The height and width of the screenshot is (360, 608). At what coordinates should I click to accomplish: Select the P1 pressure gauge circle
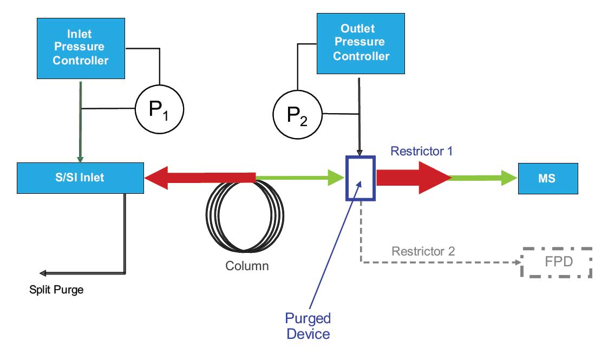coord(159,108)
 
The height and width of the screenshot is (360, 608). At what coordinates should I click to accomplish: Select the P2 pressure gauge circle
coord(297,114)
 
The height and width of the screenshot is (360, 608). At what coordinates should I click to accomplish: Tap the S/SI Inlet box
coord(81,177)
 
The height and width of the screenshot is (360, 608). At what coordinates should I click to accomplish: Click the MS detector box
coord(547,177)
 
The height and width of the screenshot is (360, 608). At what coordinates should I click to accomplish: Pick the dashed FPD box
coord(557,263)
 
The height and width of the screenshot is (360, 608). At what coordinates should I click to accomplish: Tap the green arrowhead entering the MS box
coord(509,178)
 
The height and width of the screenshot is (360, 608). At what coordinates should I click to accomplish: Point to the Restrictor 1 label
coord(421,151)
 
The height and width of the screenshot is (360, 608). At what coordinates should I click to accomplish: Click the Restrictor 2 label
coord(423,251)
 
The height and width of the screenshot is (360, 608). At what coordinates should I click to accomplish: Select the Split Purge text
coord(56,290)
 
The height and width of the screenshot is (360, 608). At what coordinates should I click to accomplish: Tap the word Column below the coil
coord(247,266)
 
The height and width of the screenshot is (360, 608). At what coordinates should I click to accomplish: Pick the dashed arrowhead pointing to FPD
coord(515,263)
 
